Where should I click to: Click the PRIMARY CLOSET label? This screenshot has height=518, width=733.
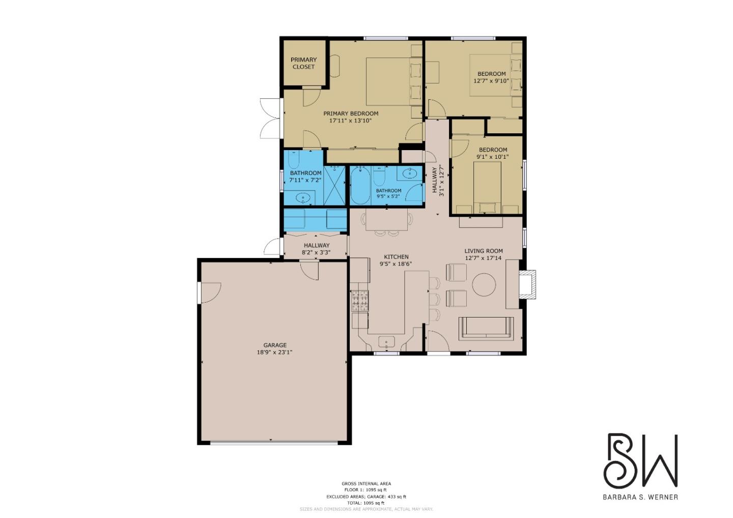point(303,63)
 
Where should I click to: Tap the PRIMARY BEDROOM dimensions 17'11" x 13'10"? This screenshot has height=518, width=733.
point(351,121)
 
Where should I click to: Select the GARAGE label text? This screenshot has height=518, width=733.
point(275,345)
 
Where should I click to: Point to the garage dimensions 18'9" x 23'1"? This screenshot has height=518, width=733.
point(275,352)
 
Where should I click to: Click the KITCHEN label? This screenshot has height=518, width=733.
point(396,257)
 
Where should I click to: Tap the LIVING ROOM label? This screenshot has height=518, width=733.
point(483,251)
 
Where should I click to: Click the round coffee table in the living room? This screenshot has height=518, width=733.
point(484,285)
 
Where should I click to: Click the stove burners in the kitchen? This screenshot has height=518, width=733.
point(360,300)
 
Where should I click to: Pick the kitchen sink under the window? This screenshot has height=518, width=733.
point(386,341)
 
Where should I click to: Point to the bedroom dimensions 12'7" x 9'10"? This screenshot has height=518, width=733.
point(491,81)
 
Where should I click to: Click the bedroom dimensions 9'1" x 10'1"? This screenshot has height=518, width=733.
point(492,157)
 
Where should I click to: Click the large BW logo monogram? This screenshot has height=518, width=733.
point(640,461)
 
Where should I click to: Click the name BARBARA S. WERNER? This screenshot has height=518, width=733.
point(640,497)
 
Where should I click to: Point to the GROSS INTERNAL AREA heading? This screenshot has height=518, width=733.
point(366,484)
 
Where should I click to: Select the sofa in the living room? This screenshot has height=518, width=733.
point(486,328)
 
